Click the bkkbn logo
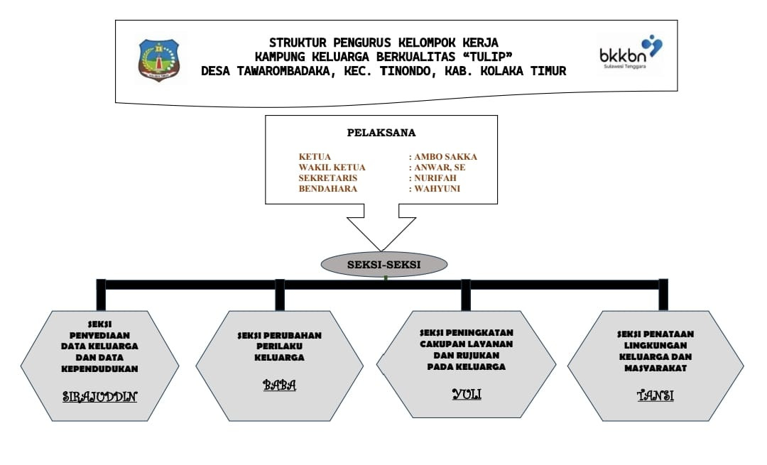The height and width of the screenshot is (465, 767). point(631,54)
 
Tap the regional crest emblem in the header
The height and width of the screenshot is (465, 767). point(158,60)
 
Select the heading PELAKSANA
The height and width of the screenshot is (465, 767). point(381,133)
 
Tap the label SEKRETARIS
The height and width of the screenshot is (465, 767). point(328,178)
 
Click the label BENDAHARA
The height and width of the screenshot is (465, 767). point(328,189)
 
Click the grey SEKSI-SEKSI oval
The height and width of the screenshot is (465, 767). point(383,264)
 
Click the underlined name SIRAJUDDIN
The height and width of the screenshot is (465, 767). point(99,395)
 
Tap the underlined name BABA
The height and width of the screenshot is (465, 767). point(279,385)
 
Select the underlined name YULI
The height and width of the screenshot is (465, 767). point(466,393)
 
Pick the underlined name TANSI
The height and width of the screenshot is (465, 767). point(655,395)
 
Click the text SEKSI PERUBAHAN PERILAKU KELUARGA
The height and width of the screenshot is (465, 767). point(279,346)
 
